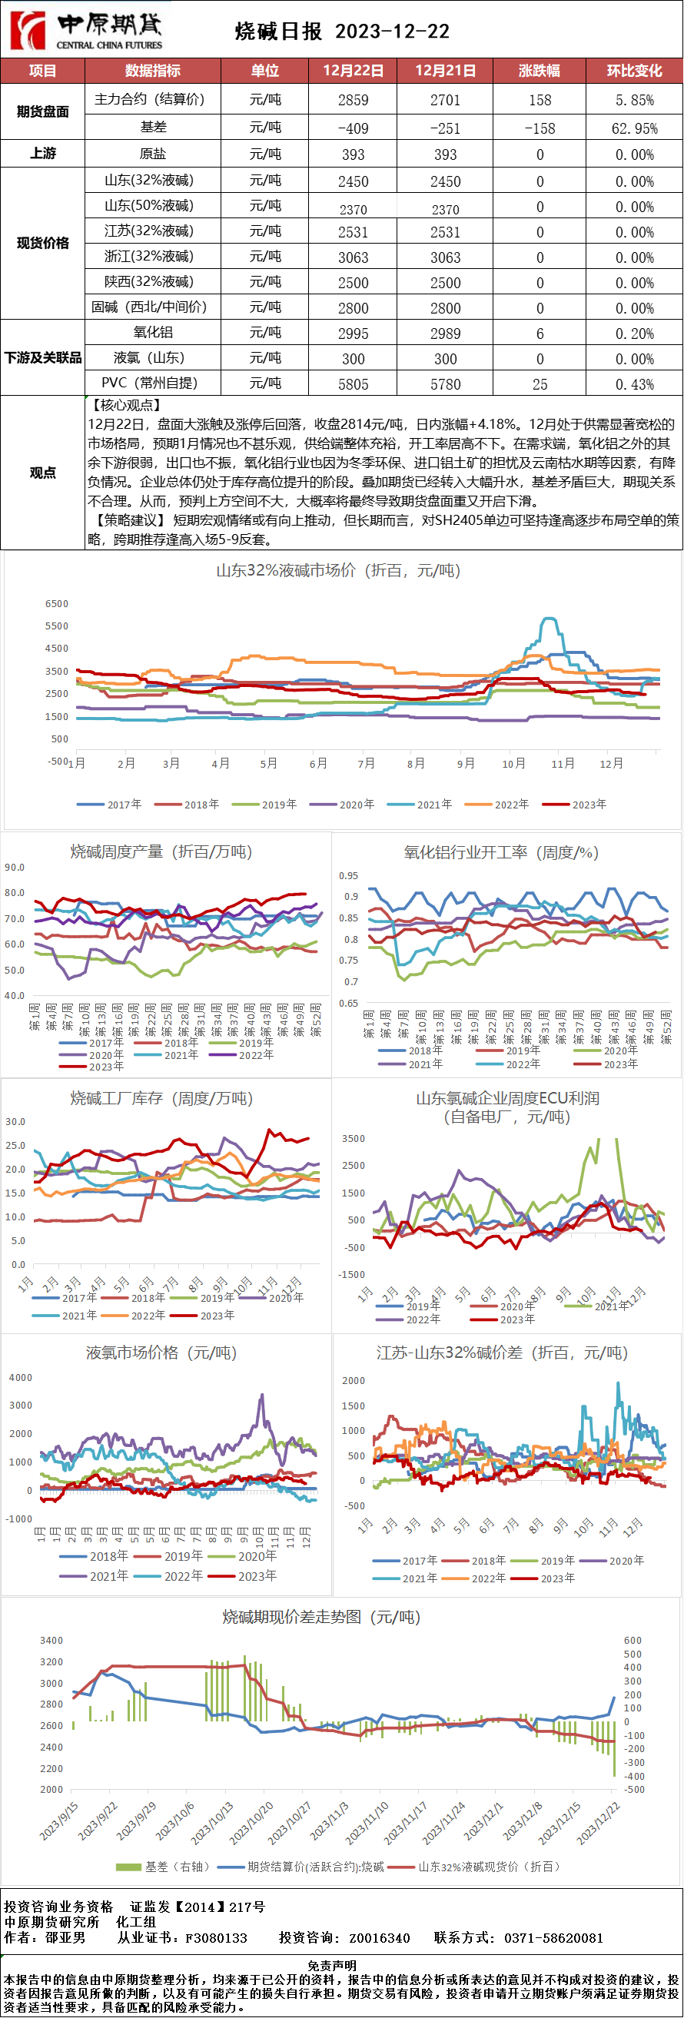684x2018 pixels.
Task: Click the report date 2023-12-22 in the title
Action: click(x=393, y=32)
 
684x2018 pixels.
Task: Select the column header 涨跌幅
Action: click(x=539, y=71)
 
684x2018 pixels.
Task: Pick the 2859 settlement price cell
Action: click(x=353, y=100)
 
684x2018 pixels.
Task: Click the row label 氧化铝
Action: click(x=153, y=332)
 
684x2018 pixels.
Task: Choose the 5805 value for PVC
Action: click(x=353, y=384)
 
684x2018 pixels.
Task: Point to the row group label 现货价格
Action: click(x=42, y=243)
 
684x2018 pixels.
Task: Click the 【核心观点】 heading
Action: click(x=126, y=405)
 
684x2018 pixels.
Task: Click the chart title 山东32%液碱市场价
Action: click(x=337, y=570)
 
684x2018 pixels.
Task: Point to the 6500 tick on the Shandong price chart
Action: click(x=57, y=603)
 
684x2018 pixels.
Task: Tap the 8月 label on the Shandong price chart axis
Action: click(x=416, y=763)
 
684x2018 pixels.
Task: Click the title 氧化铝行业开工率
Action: click(x=500, y=852)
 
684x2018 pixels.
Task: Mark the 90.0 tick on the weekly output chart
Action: click(x=15, y=867)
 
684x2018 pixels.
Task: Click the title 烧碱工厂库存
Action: click(x=161, y=1098)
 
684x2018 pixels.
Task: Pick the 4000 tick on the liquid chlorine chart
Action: click(x=21, y=1377)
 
